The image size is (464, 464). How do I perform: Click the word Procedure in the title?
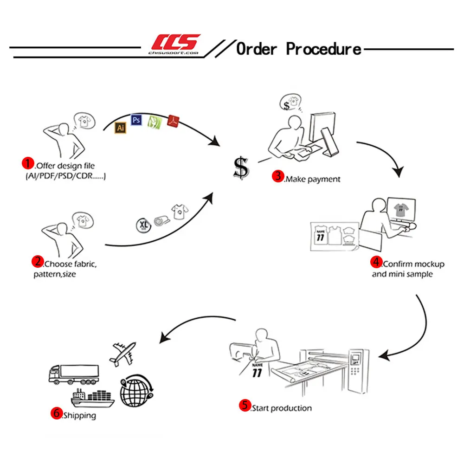(x=323, y=49)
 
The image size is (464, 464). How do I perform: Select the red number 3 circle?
(x=278, y=176)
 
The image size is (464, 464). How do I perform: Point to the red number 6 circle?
(x=56, y=413)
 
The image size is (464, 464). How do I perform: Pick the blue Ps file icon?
(x=136, y=120)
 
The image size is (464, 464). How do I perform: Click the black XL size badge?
(x=143, y=224)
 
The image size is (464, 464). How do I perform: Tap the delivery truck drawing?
(x=74, y=374)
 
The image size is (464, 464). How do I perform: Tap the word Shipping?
(x=80, y=415)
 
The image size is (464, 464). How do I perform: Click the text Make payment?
(x=313, y=179)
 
